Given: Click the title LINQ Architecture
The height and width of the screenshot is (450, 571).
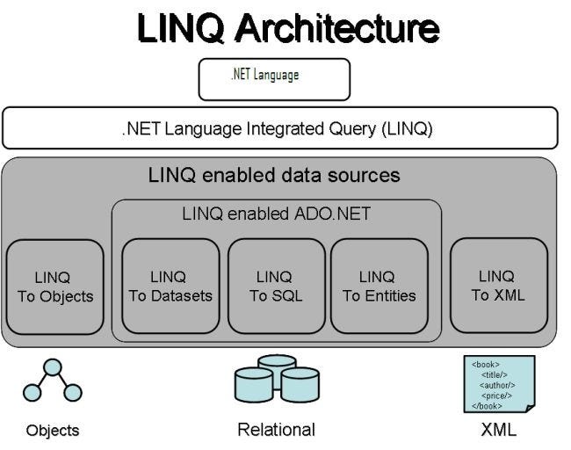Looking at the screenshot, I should click(287, 29).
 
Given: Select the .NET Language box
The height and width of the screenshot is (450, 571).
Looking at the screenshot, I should click(274, 78).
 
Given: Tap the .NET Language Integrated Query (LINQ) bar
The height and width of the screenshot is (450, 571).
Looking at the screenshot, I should click(279, 128).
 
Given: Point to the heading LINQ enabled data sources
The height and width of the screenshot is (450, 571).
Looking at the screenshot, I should click(273, 175).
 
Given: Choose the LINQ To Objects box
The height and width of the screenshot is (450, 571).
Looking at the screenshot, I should click(54, 287).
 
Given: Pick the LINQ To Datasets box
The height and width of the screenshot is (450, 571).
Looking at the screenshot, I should click(170, 287).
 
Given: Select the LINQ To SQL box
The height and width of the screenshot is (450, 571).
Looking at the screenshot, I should click(276, 287).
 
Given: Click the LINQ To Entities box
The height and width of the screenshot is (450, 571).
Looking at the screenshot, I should click(379, 287).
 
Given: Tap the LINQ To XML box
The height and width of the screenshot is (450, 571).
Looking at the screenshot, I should click(498, 286).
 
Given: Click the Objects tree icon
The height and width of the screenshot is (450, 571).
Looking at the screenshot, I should click(52, 384).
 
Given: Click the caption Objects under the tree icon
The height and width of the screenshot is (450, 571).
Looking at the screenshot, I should click(52, 431).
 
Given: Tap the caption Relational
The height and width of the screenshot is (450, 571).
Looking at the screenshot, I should click(276, 430).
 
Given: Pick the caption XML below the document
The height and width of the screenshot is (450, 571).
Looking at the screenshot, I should click(499, 430).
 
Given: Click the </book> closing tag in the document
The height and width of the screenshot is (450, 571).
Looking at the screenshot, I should click(487, 406).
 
